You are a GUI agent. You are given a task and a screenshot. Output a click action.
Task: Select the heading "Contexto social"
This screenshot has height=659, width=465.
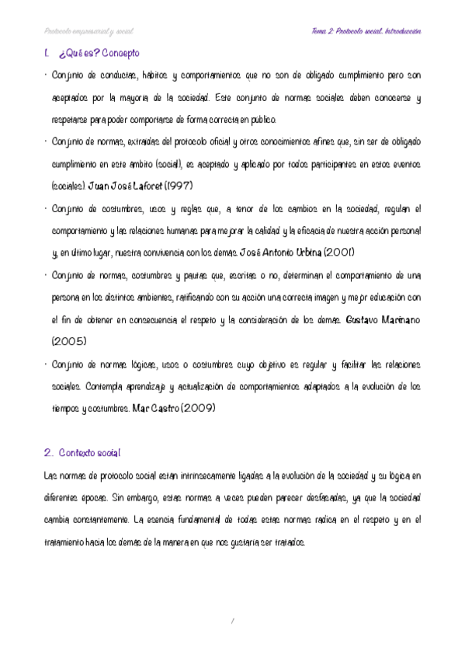coord(89,452)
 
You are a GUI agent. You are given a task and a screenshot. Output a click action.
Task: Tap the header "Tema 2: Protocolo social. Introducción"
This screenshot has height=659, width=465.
coord(365,32)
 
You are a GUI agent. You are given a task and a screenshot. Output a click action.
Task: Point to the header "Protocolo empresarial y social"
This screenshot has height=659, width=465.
coord(88,32)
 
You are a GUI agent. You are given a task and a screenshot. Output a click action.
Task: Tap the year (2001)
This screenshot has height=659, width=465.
coord(338,253)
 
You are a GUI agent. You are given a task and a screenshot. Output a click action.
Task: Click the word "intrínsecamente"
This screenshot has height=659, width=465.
coord(222,475)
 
